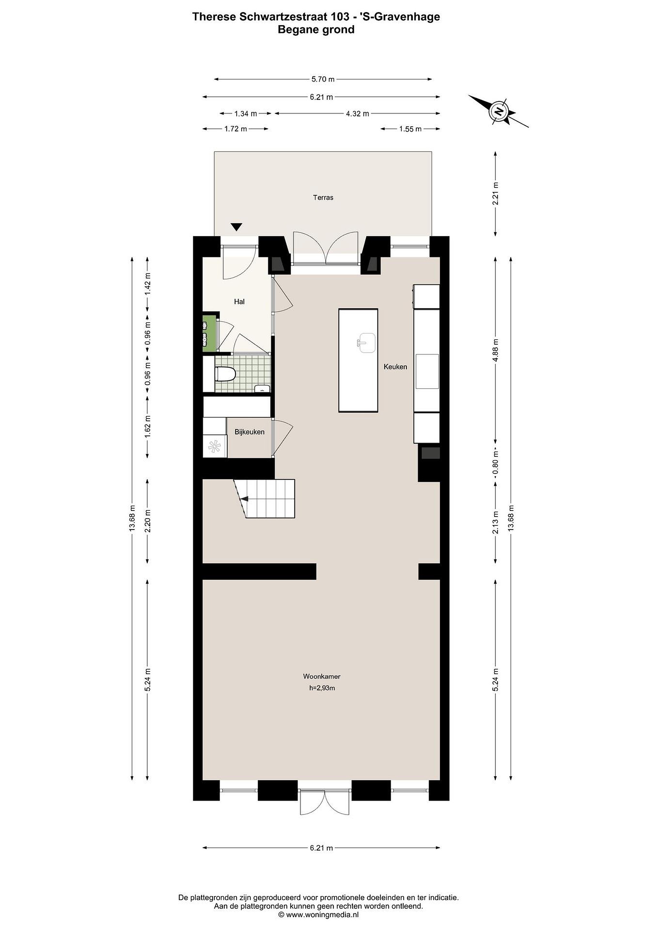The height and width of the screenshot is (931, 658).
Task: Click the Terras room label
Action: coord(323,198)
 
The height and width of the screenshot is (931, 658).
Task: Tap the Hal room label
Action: coord(239,301)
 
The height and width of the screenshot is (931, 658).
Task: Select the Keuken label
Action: coord(395,367)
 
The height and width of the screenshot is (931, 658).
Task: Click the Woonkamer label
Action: coord(322,676)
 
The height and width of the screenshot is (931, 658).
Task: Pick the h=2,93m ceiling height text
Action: coord(322,688)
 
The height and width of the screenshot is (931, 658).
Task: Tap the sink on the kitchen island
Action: coord(367,343)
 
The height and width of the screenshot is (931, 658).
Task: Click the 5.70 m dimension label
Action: coord(323,79)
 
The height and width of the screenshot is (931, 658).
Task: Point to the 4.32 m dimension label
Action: coord(357,113)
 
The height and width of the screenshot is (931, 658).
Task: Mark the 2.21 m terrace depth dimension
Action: coord(495,194)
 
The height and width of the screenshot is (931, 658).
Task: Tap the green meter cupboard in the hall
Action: coord(209,333)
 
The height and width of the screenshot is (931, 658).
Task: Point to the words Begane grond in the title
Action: coord(316,30)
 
